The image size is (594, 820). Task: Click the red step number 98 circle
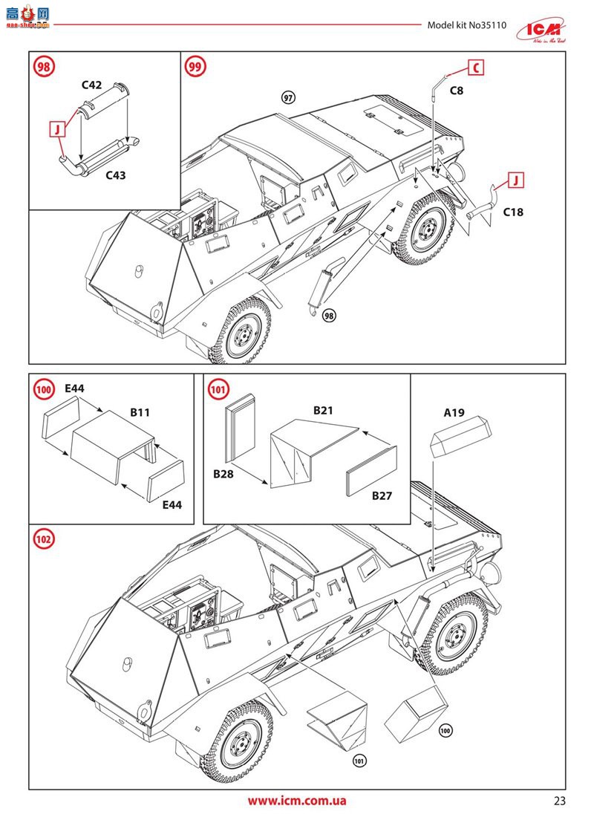click(45, 67)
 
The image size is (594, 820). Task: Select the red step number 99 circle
click(195, 67)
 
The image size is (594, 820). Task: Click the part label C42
click(91, 85)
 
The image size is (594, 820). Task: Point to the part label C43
click(116, 175)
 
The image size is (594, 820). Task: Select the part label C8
click(457, 91)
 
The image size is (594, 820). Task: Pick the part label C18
click(513, 212)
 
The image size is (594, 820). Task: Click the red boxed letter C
click(475, 68)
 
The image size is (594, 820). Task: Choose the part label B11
click(140, 411)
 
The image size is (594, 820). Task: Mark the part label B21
click(323, 410)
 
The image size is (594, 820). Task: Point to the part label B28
click(223, 473)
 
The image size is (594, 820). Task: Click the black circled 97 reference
click(289, 97)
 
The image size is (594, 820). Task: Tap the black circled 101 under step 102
click(359, 761)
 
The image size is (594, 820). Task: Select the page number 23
click(559, 801)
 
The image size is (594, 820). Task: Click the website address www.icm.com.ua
click(297, 801)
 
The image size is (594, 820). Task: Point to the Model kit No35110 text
click(466, 25)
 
